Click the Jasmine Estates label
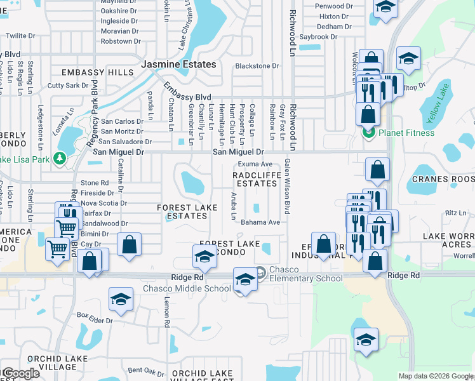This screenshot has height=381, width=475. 178,65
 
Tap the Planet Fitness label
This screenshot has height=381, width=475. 406,133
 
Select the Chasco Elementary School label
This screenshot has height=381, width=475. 306,274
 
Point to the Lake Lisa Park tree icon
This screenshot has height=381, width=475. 60,158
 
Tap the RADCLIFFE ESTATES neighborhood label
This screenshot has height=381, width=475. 255,178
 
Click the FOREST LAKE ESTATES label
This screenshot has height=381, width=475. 188,211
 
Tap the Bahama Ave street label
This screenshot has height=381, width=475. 260,222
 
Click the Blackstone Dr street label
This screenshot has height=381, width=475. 257,65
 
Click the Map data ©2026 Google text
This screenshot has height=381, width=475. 436,376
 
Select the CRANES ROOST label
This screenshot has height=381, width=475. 443,179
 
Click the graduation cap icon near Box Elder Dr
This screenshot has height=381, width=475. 120,300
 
